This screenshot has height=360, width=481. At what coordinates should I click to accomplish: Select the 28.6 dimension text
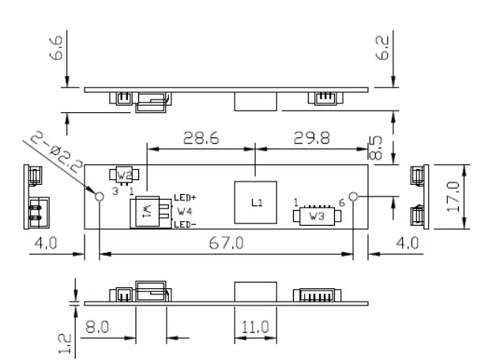click(196, 138)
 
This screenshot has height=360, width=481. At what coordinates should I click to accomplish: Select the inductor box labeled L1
click(254, 201)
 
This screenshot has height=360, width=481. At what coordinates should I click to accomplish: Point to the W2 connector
click(125, 175)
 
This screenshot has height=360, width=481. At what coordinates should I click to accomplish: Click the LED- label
click(186, 224)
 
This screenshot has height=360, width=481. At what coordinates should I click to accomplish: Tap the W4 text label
click(184, 211)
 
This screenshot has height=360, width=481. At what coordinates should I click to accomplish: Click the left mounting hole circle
click(99, 197)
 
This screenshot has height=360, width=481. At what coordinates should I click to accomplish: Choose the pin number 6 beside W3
click(341, 203)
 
